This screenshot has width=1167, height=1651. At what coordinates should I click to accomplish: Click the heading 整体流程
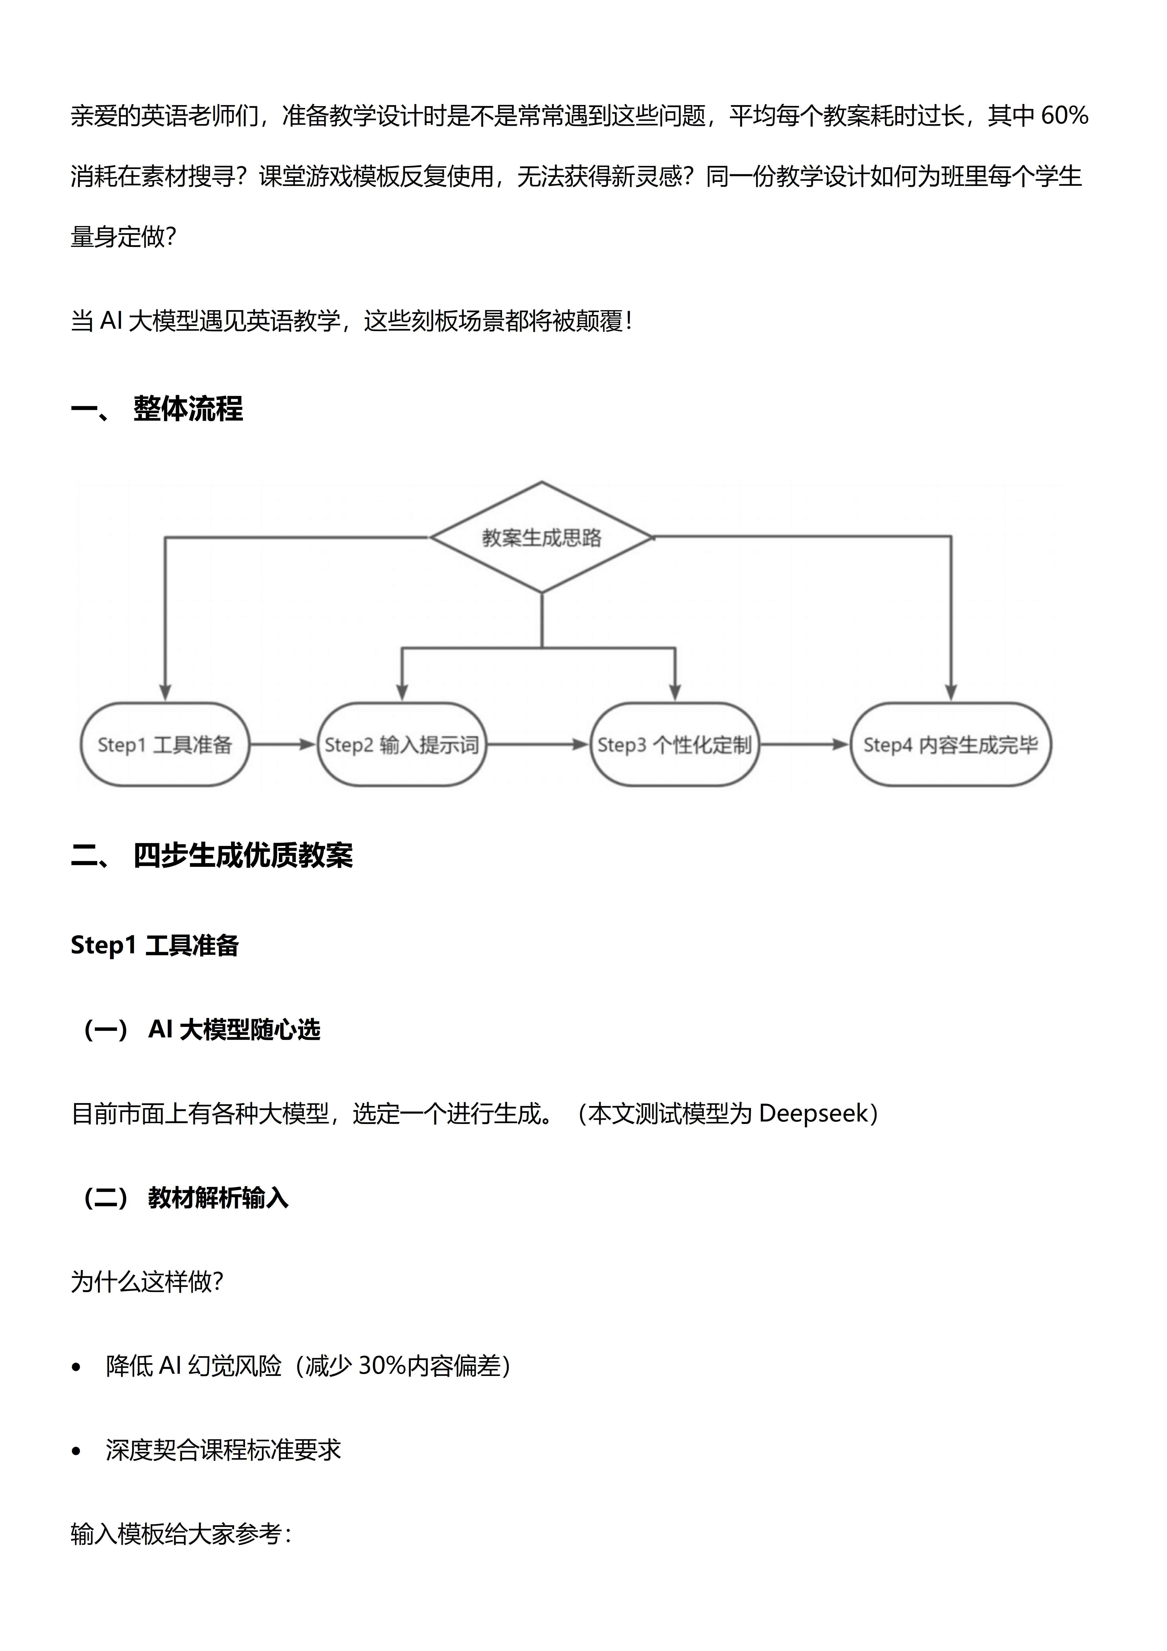(188, 408)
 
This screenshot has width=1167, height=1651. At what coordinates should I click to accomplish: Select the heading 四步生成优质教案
(243, 855)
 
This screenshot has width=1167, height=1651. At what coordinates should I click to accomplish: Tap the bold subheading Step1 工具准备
(155, 945)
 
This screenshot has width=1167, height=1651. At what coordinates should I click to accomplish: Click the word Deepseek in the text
(813, 1114)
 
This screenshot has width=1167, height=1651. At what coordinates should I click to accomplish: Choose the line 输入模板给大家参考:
(180, 1534)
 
